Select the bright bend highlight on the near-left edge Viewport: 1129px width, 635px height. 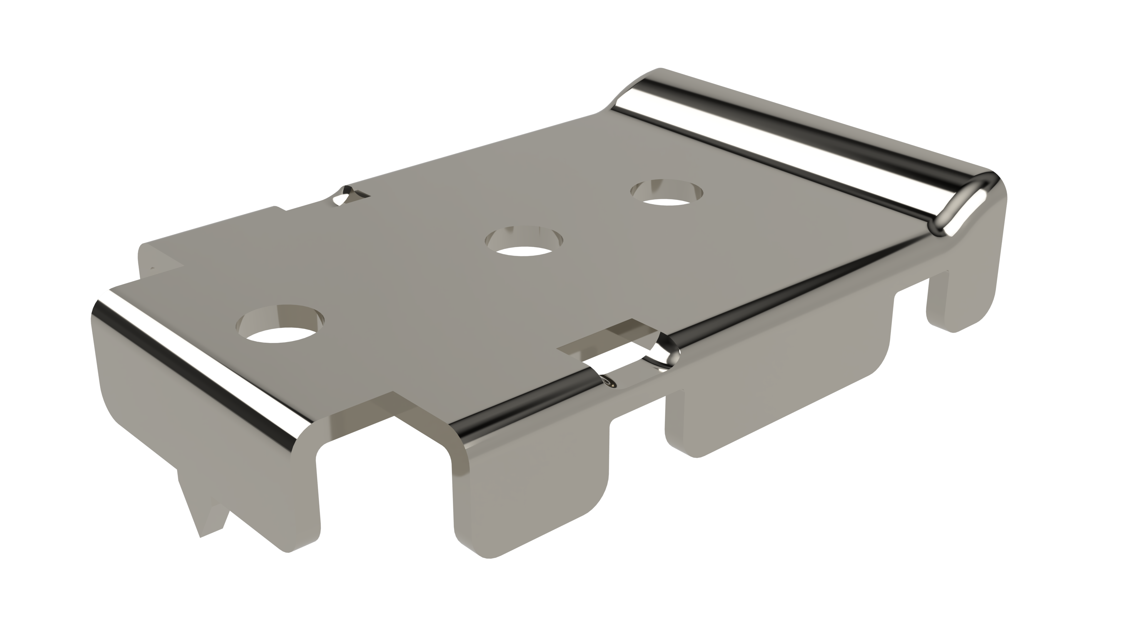pos(197,364)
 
